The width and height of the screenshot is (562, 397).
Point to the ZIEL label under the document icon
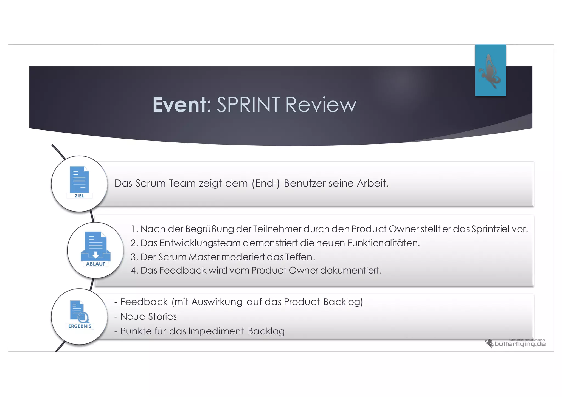(79, 196)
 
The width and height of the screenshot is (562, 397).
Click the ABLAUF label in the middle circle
(95, 264)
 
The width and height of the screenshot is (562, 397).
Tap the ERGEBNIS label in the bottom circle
(80, 326)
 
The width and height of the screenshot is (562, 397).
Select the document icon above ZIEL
(79, 180)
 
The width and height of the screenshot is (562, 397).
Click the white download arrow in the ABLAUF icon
(95, 255)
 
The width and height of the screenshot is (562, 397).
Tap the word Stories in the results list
(162, 317)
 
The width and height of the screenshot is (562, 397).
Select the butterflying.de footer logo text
(520, 344)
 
